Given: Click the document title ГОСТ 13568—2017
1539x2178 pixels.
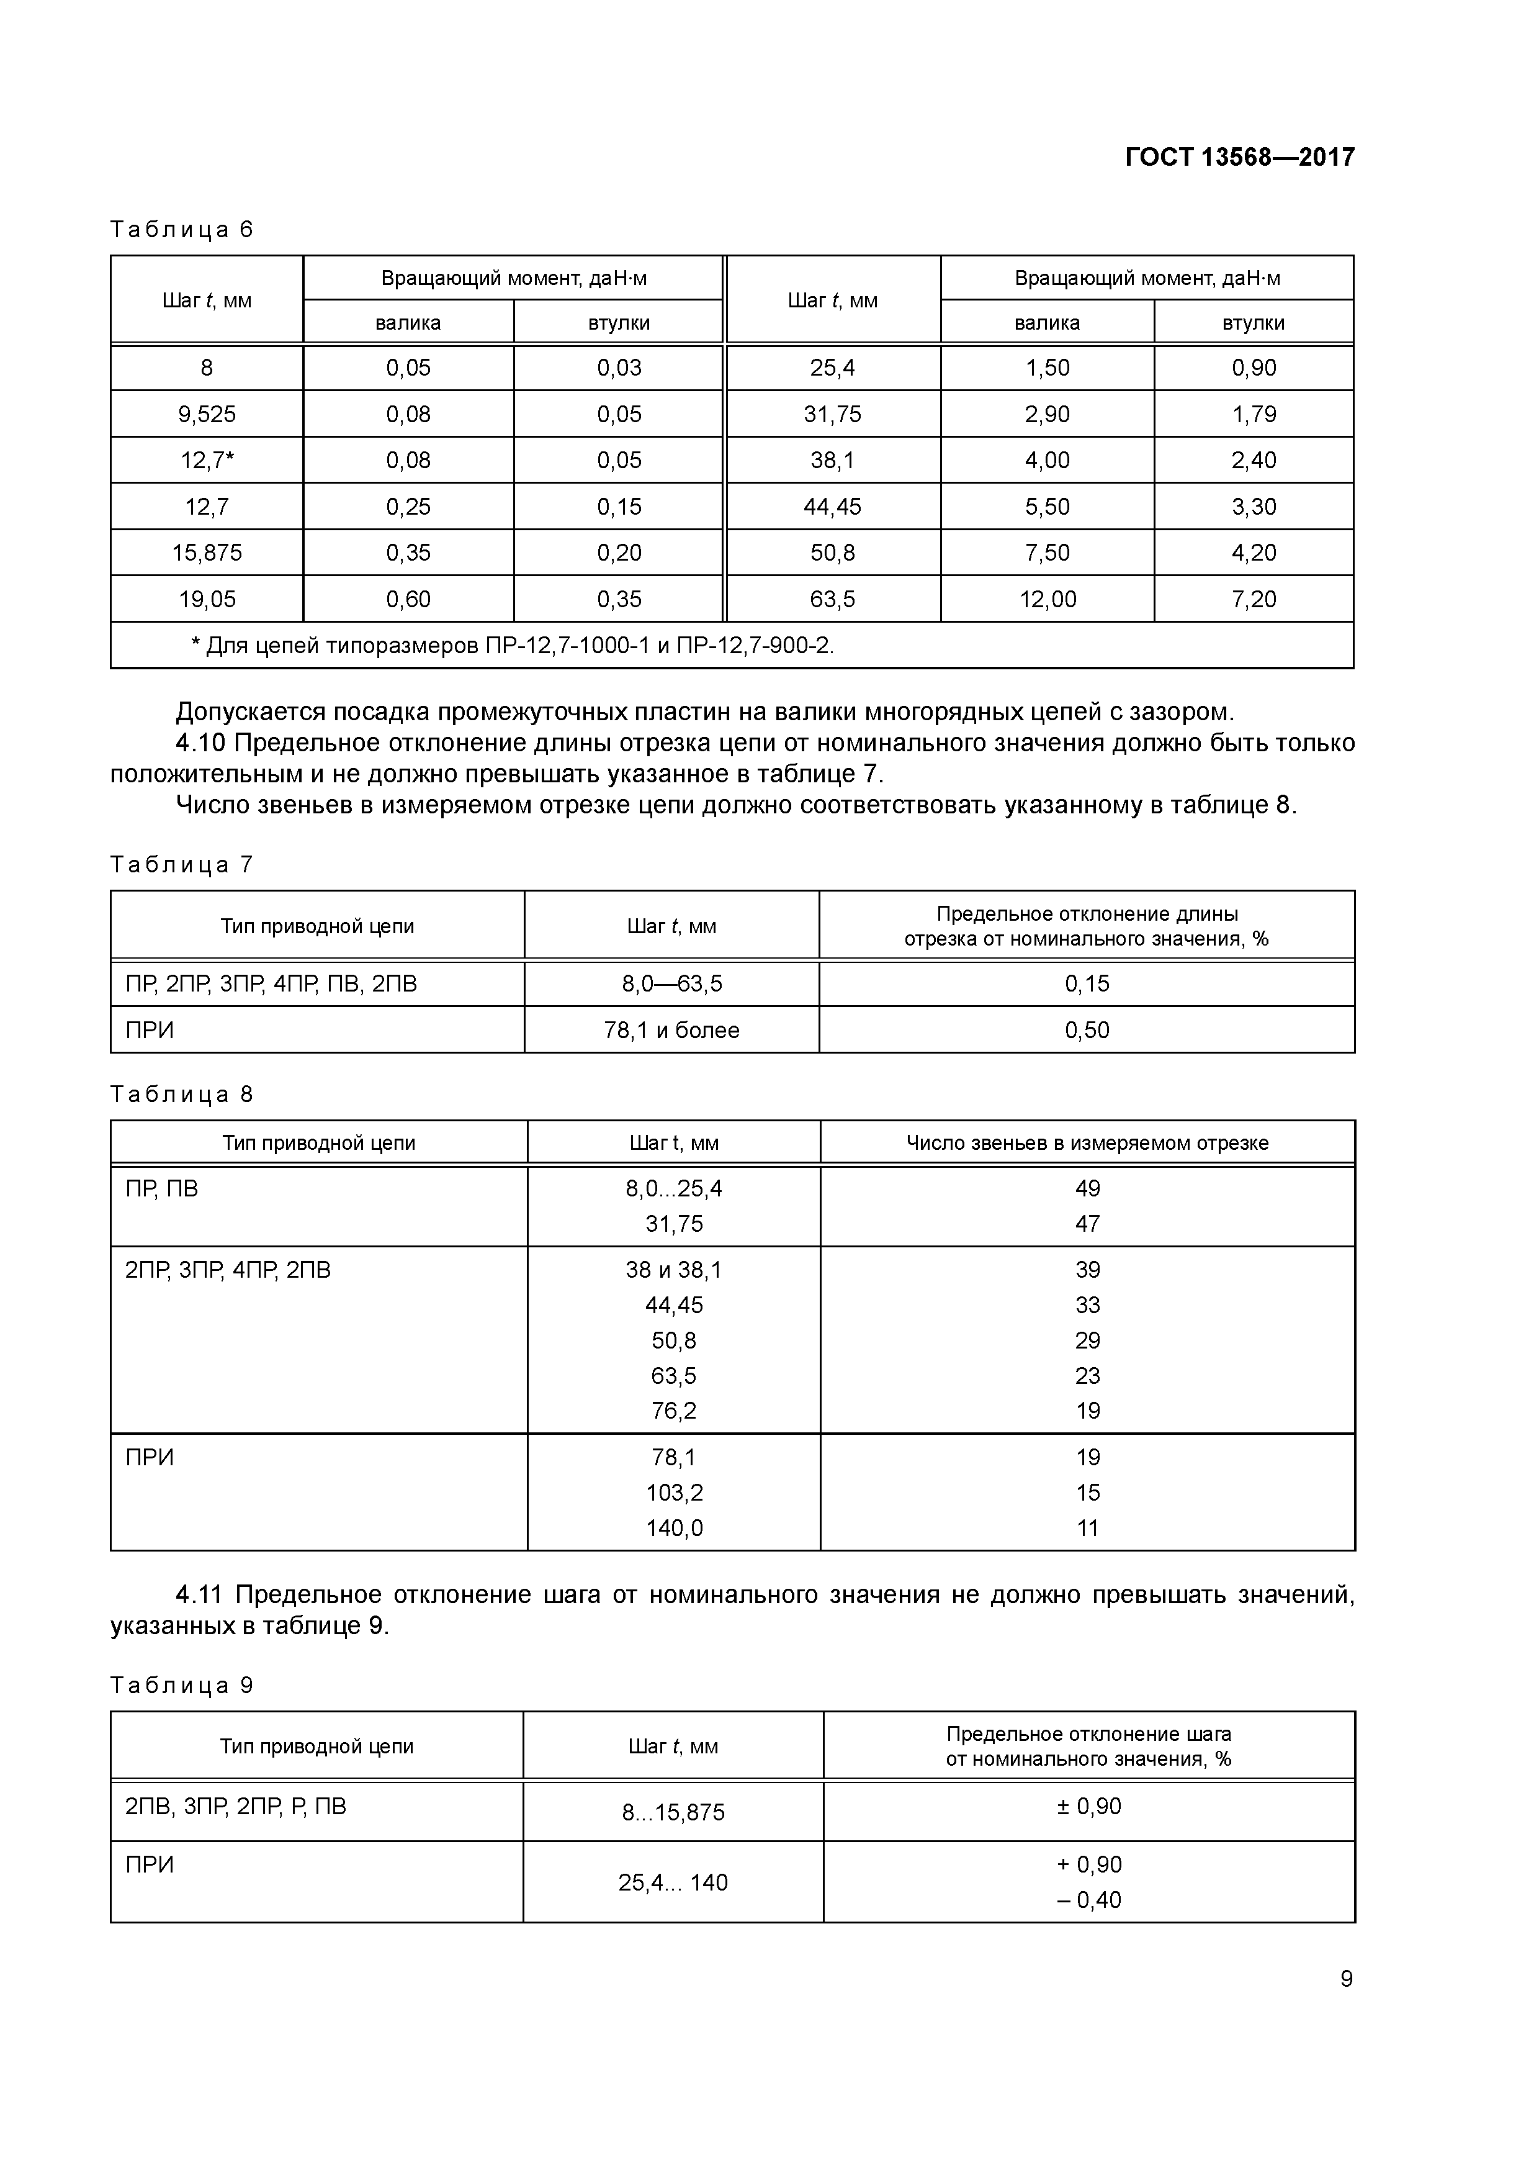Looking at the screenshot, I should pyautogui.click(x=1239, y=158).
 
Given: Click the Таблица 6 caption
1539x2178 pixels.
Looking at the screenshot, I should pyautogui.click(x=182, y=230).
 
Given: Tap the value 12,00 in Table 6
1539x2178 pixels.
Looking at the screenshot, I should pyautogui.click(x=1047, y=600).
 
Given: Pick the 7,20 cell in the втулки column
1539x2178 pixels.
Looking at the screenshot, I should pyautogui.click(x=1254, y=600).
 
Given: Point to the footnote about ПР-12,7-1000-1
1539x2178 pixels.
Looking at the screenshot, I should pyautogui.click(x=512, y=646).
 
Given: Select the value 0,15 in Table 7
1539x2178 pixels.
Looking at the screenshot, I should pyautogui.click(x=1087, y=983).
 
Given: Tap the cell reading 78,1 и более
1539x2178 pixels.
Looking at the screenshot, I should pyautogui.click(x=671, y=1030).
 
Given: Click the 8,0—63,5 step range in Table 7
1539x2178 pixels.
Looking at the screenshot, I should pyautogui.click(x=671, y=983).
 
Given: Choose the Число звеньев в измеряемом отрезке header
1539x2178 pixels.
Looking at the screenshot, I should pyautogui.click(x=1087, y=1143).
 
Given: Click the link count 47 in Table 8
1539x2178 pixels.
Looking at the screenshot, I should pyautogui.click(x=1087, y=1224).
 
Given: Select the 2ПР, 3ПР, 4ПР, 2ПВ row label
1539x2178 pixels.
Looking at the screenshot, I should pyautogui.click(x=228, y=1270).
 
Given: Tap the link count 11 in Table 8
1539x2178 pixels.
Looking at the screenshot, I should pyautogui.click(x=1087, y=1528).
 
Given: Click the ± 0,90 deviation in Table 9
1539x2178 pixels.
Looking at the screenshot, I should pyautogui.click(x=1088, y=1806).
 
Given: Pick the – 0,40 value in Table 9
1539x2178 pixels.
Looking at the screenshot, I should pyautogui.click(x=1088, y=1900).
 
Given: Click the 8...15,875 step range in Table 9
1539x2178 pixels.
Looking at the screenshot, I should pyautogui.click(x=673, y=1813).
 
